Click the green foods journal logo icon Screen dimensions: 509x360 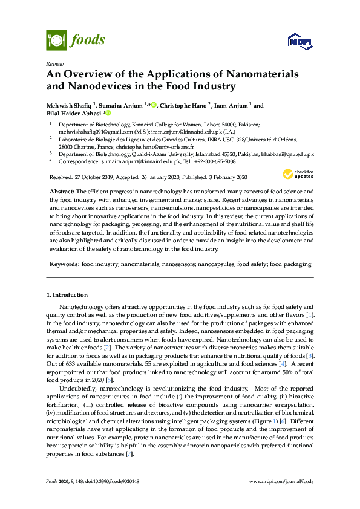coord(56,41)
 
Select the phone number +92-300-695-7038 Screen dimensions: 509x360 coord(215,161)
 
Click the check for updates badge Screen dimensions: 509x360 coord(297,175)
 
